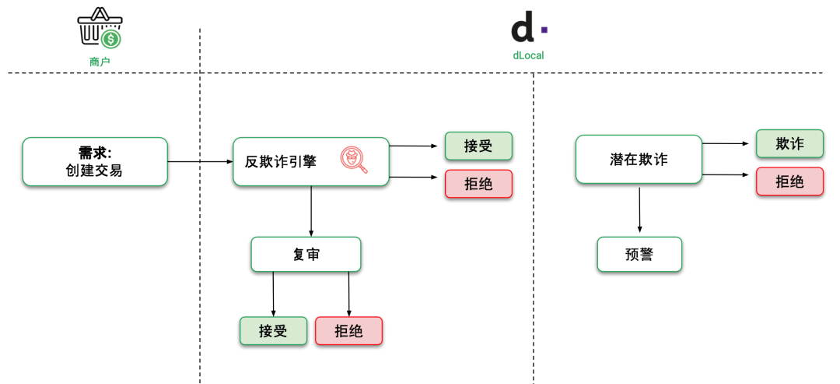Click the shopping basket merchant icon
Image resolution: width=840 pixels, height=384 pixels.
(x=99, y=28)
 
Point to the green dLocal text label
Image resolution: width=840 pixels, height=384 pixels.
(x=528, y=55)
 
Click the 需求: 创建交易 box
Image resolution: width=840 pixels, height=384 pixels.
(x=95, y=162)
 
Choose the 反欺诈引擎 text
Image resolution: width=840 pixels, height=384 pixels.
(x=281, y=162)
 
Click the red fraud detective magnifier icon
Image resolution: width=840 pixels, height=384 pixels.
(x=354, y=160)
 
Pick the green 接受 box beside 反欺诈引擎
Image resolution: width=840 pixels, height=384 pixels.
(x=478, y=146)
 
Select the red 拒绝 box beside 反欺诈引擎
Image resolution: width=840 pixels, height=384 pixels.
(x=478, y=184)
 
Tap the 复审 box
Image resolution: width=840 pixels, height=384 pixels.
(x=306, y=255)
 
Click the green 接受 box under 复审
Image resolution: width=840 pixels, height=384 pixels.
(x=273, y=330)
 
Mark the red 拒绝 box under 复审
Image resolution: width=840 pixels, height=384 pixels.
(x=348, y=330)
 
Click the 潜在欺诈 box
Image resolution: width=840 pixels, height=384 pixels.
(x=639, y=160)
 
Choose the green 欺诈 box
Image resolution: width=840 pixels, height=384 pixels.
(x=789, y=143)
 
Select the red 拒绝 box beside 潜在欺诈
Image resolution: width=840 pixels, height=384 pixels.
(x=789, y=181)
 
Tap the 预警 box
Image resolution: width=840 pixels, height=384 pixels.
(x=639, y=255)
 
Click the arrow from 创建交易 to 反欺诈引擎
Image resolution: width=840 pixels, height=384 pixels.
(x=201, y=162)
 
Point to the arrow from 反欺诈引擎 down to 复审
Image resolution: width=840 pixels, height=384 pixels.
(x=311, y=211)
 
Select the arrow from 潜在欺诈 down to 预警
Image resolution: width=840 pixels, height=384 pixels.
(x=639, y=209)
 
